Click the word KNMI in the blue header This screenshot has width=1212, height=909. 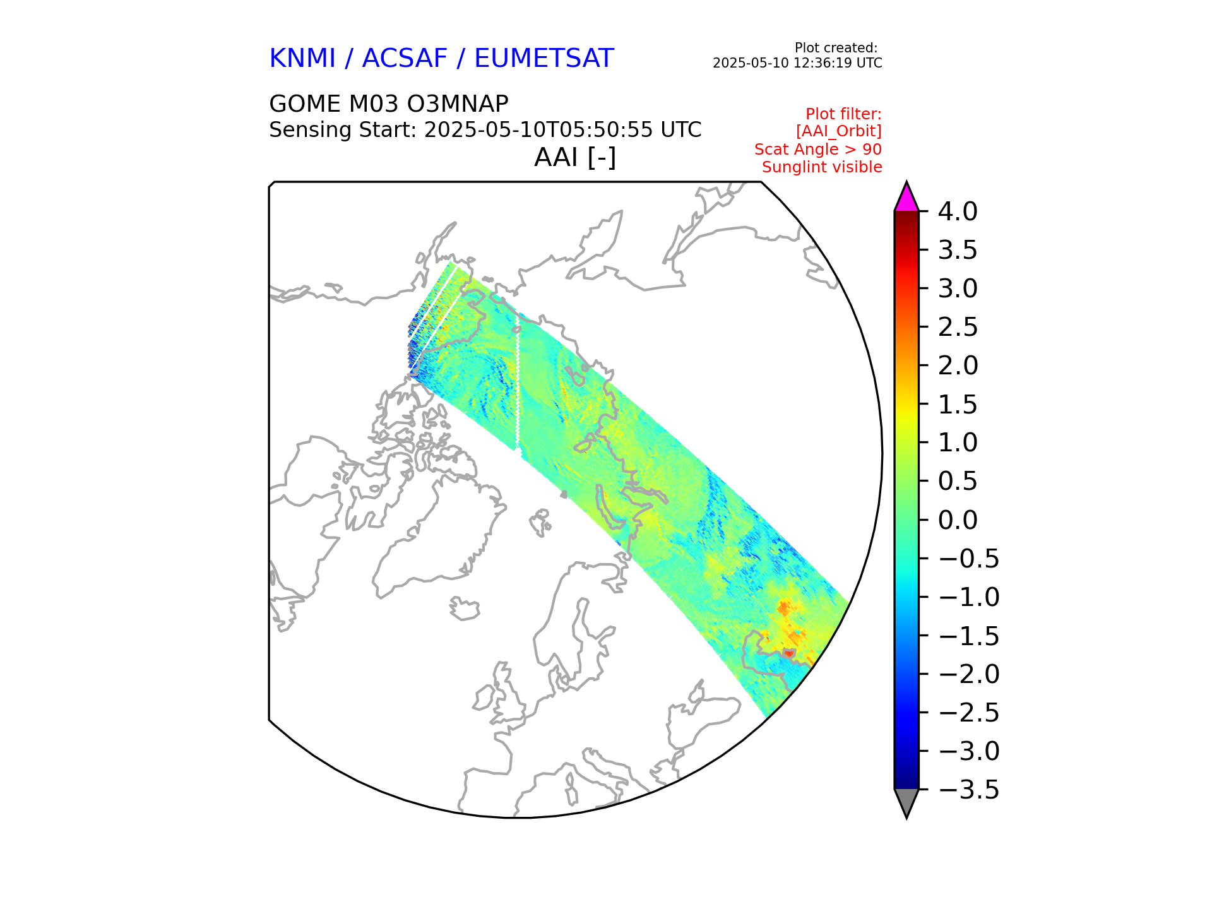(x=302, y=59)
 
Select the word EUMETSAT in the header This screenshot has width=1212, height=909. (x=544, y=59)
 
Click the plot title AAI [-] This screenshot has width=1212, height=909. (x=574, y=157)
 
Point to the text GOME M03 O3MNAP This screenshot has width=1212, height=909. (x=388, y=104)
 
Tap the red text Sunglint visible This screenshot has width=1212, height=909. (x=821, y=167)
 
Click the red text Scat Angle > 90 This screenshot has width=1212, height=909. (x=817, y=150)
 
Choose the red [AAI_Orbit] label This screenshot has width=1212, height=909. (x=838, y=131)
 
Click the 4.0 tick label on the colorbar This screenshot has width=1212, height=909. (x=957, y=212)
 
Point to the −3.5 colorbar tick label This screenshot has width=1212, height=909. (x=969, y=790)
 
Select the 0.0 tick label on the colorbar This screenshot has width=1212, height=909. (x=957, y=520)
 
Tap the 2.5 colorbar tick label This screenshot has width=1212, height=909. (x=957, y=328)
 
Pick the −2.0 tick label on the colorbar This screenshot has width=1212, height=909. (x=969, y=674)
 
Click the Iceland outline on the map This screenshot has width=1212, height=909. (x=465, y=609)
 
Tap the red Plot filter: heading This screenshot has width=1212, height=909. (x=843, y=114)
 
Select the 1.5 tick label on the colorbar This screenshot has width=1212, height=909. (x=957, y=405)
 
